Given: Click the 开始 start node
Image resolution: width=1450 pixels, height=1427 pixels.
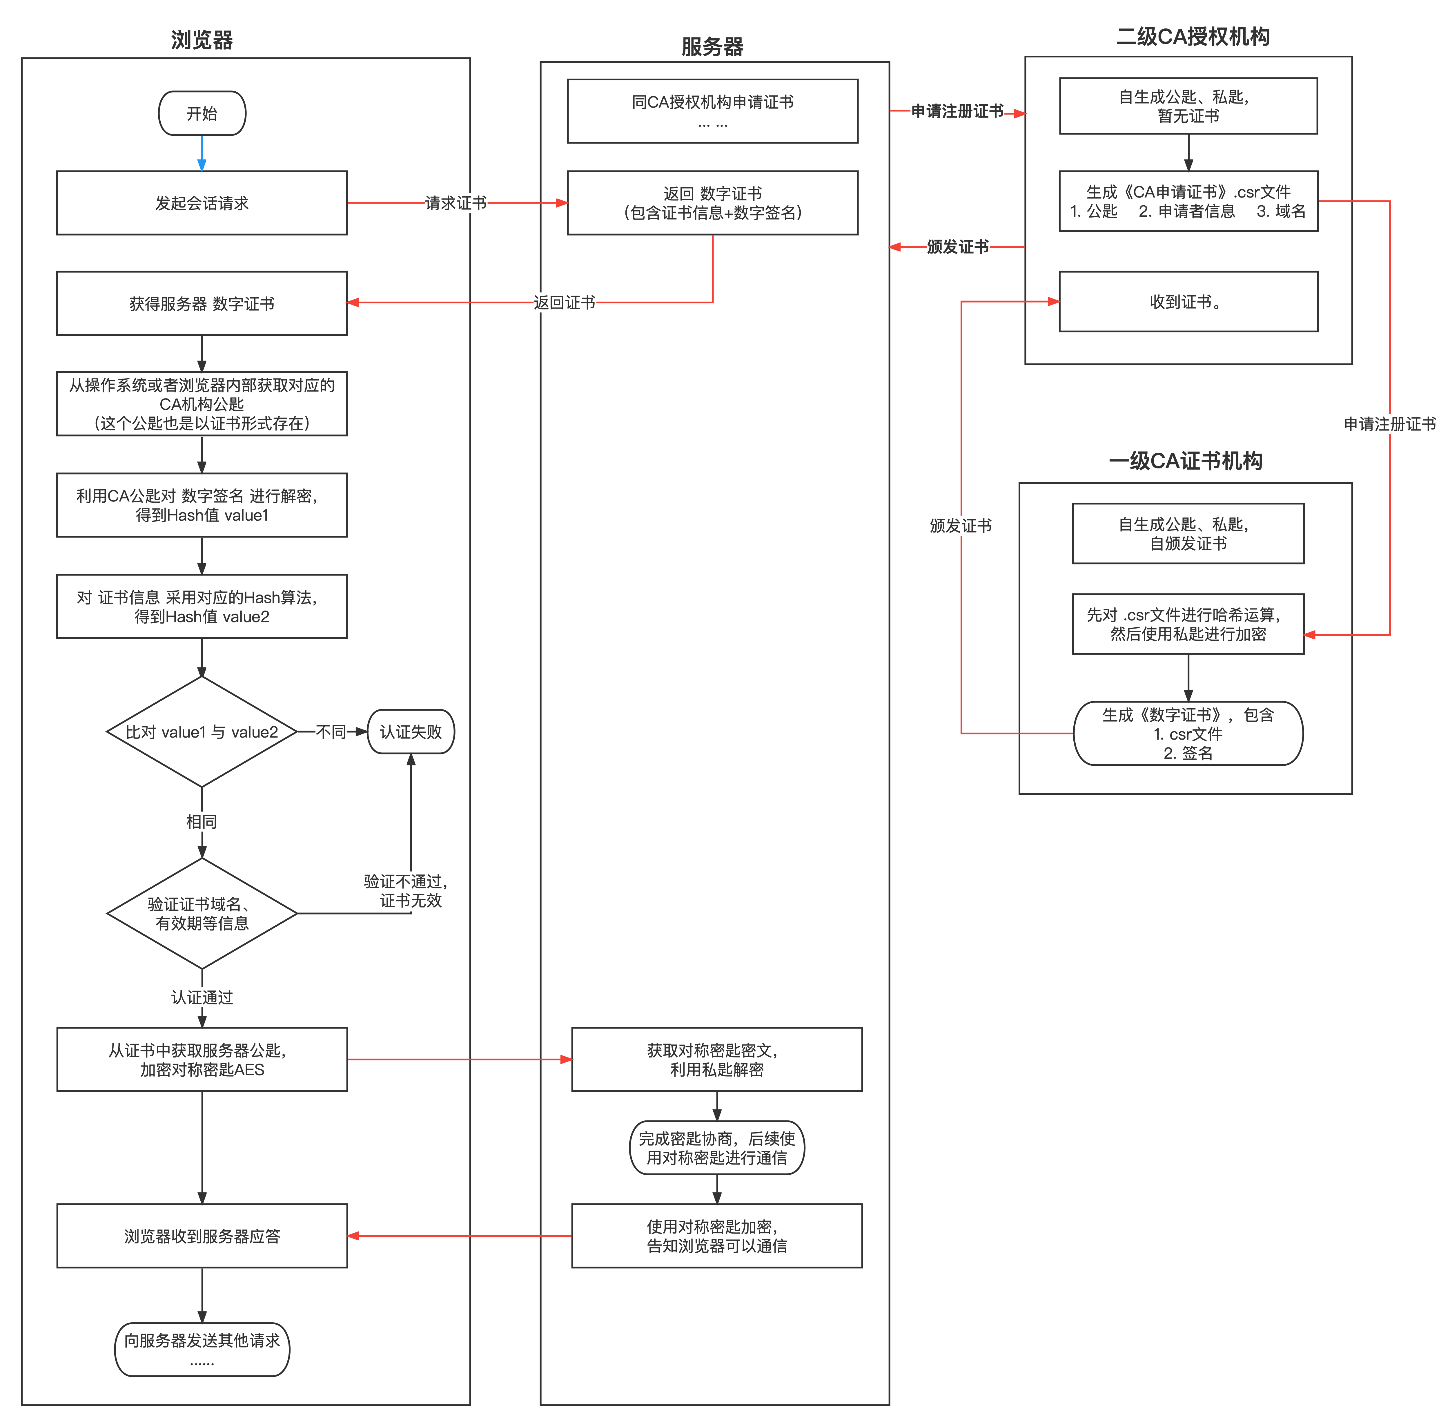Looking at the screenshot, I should pyautogui.click(x=202, y=113).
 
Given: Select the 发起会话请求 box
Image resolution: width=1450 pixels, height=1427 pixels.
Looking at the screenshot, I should pyautogui.click(x=202, y=203).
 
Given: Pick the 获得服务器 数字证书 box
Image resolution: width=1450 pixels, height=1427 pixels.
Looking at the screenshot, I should pyautogui.click(x=202, y=304).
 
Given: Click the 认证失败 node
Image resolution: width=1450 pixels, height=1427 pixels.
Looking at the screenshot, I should pyautogui.click(x=411, y=731).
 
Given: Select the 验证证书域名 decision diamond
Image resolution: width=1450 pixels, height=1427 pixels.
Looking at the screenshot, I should pyautogui.click(x=202, y=914).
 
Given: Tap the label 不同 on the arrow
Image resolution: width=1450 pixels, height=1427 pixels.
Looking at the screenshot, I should pyautogui.click(x=331, y=731).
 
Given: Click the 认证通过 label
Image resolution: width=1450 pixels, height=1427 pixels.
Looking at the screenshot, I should pyautogui.click(x=202, y=997).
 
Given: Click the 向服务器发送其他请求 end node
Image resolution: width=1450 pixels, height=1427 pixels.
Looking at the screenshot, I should pyautogui.click(x=202, y=1350).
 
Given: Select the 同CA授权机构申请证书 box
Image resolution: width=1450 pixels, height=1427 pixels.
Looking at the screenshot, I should pyautogui.click(x=712, y=111).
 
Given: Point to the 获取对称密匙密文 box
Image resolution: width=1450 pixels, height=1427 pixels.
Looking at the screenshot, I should pyautogui.click(x=716, y=1060).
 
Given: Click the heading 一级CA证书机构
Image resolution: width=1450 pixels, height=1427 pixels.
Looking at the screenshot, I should pyautogui.click(x=1186, y=461).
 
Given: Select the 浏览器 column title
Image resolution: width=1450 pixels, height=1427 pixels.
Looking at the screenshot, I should pyautogui.click(x=202, y=40).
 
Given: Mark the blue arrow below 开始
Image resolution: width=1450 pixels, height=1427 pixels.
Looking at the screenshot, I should pyautogui.click(x=202, y=154).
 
